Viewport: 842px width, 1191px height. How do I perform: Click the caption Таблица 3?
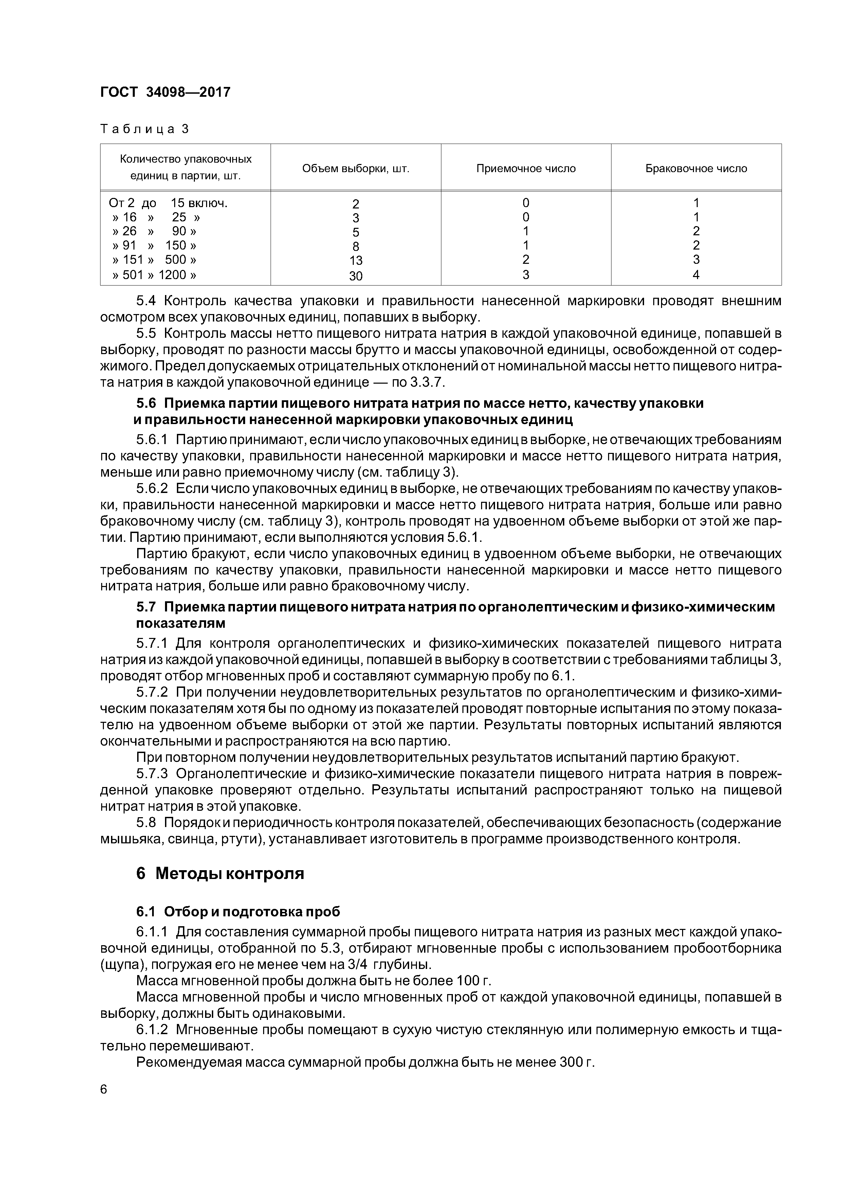[x=145, y=129]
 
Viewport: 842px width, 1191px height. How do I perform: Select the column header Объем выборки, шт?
[x=355, y=169]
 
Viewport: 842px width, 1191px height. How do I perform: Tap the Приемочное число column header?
[x=526, y=169]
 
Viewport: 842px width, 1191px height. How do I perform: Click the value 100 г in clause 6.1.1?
[x=473, y=981]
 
